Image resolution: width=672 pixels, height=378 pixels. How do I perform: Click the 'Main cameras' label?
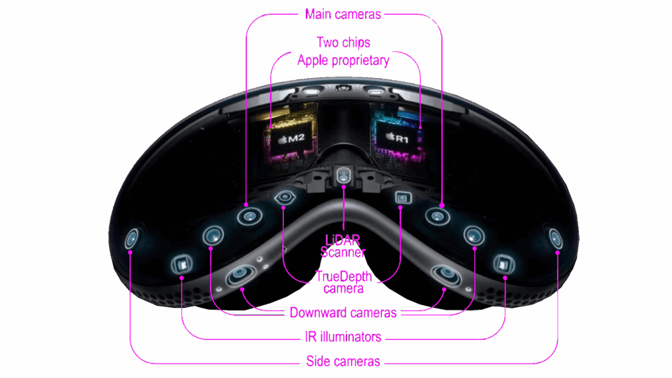tap(343, 14)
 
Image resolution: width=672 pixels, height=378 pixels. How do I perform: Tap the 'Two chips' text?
tap(343, 43)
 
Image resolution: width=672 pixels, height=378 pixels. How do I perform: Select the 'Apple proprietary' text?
tap(343, 60)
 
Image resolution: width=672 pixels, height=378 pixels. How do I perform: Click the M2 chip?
tap(291, 138)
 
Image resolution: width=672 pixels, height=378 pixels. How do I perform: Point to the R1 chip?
tap(397, 138)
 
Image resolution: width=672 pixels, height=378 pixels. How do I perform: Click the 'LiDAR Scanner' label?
tap(343, 246)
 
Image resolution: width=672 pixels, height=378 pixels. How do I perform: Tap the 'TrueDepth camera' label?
tap(343, 282)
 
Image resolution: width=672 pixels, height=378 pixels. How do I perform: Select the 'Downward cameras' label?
tap(343, 313)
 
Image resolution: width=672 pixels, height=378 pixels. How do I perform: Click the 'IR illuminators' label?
tap(343, 337)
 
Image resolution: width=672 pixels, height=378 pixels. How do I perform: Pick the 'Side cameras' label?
tap(343, 362)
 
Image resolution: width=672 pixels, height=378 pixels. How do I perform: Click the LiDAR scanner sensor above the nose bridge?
tap(343, 175)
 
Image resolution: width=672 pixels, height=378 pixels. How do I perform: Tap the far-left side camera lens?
tap(131, 239)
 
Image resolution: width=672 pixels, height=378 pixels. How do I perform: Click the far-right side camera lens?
tap(555, 239)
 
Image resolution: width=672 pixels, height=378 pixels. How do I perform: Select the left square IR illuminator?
tap(182, 264)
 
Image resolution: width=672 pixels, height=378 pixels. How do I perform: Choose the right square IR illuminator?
tap(503, 264)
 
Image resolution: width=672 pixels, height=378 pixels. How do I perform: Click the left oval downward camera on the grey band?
tap(241, 275)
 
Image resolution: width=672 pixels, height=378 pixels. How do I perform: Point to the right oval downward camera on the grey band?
tap(446, 275)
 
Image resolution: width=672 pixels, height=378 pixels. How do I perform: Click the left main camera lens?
tap(250, 217)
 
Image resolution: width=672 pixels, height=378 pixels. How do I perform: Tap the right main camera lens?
tap(437, 217)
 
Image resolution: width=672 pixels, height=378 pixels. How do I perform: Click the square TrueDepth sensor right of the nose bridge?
tap(402, 198)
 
